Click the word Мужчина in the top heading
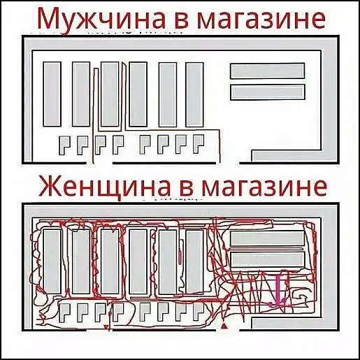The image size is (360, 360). [101, 19]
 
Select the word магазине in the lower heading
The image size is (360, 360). [264, 187]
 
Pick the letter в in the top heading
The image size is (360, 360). [182, 20]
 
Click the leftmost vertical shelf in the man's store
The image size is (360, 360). [52, 94]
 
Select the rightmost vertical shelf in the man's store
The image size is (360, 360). [194, 94]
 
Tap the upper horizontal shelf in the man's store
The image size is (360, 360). [268, 71]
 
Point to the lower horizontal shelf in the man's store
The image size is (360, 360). [268, 92]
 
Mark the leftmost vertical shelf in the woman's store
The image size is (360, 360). [52, 261]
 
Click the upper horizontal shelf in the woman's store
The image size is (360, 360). [268, 238]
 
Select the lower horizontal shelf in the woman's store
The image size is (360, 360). [268, 259]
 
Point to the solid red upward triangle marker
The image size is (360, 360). [224, 326]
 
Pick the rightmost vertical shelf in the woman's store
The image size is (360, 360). [194, 261]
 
